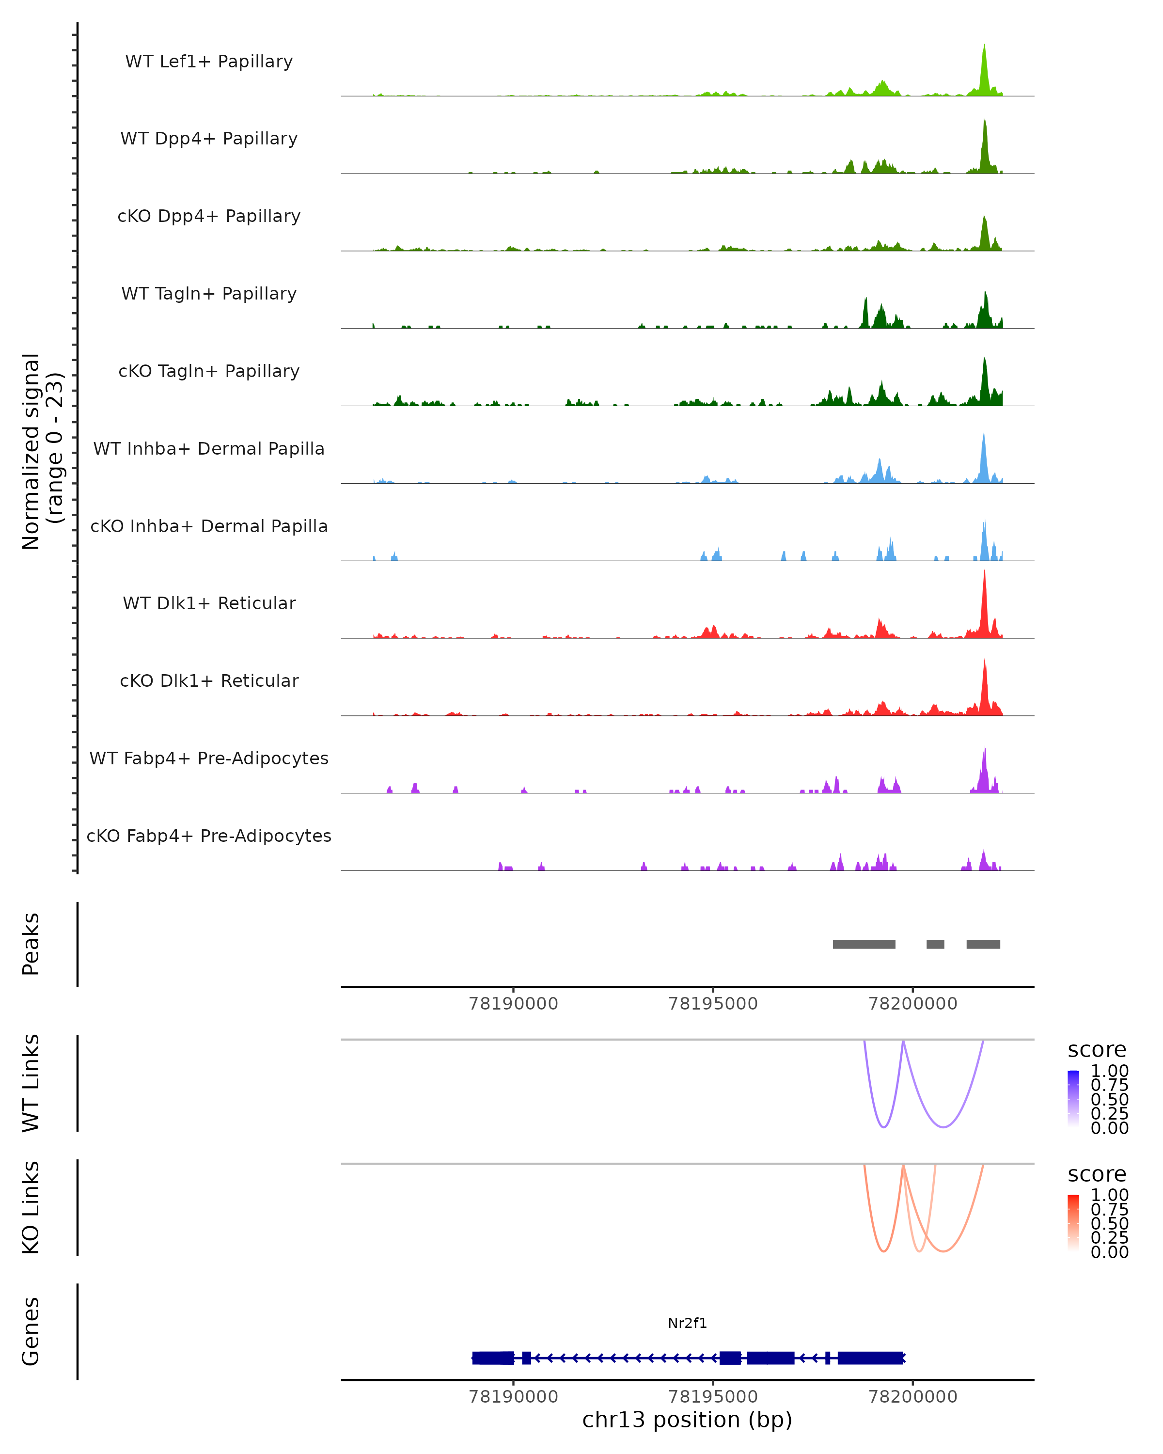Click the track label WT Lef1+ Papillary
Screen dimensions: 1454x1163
[209, 62]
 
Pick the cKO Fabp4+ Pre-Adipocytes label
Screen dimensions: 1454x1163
[209, 836]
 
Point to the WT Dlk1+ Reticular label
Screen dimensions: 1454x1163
[209, 603]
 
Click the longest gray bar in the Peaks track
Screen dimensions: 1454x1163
[864, 944]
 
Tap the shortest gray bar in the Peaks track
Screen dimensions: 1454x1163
[935, 944]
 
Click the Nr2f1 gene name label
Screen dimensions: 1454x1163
[687, 1323]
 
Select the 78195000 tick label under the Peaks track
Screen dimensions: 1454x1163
[713, 1004]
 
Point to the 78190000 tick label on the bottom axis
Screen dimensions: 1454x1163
[513, 1397]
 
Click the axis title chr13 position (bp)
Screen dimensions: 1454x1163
[687, 1420]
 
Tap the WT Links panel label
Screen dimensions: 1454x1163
[31, 1083]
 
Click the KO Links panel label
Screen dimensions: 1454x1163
[31, 1207]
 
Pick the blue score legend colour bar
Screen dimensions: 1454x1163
[1073, 1098]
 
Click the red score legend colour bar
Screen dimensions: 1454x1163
[1073, 1222]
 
